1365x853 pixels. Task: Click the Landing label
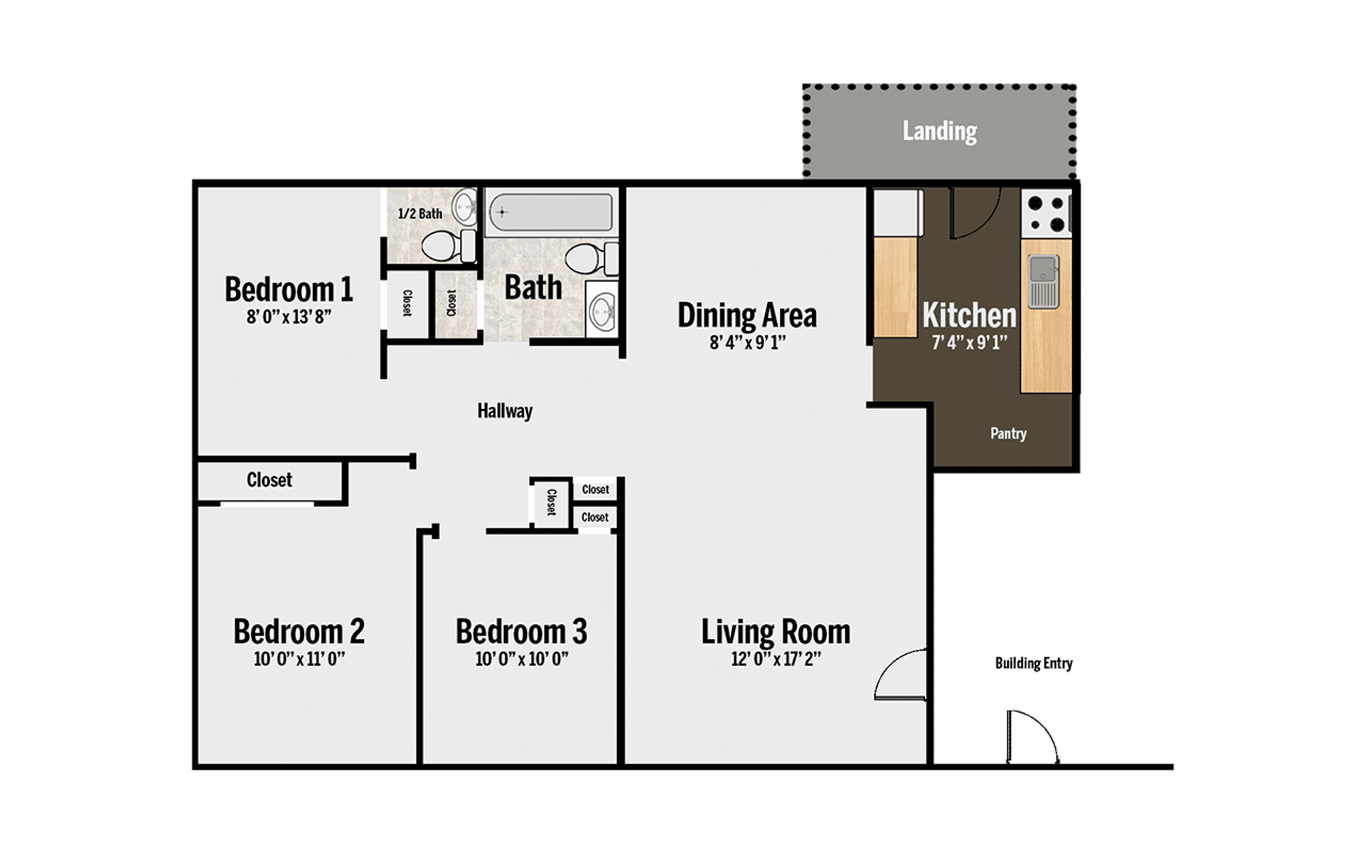click(x=939, y=132)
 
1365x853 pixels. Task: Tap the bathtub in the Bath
click(x=550, y=212)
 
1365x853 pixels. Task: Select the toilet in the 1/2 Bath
click(x=448, y=246)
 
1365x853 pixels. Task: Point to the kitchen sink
click(x=1044, y=280)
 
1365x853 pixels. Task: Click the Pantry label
click(x=1008, y=433)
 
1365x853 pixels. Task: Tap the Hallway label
click(x=505, y=411)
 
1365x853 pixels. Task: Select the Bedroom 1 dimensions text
click(x=289, y=317)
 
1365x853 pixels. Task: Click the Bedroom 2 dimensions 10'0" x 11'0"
click(x=299, y=659)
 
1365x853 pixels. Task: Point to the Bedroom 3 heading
click(x=521, y=631)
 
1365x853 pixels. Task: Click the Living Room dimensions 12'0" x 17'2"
click(x=776, y=659)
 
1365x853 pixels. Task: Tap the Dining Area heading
click(x=746, y=316)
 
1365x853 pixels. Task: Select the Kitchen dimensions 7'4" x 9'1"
click(x=969, y=343)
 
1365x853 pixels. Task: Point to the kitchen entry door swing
click(x=974, y=213)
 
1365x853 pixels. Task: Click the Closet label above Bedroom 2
click(x=269, y=480)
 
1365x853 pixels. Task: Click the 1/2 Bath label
click(x=419, y=213)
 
